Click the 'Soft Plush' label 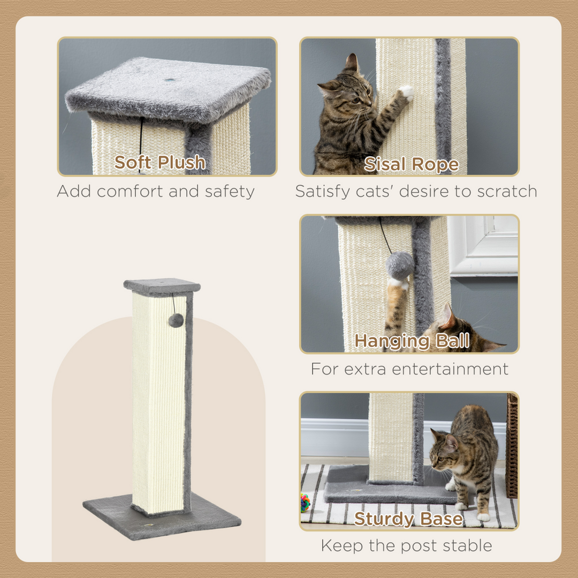coord(159,162)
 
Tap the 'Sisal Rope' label coord(411,164)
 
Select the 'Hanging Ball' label coord(412,341)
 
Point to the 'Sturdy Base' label coord(408,519)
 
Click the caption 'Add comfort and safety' coord(156,191)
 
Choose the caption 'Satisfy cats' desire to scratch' coord(416,191)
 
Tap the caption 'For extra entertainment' coord(409,369)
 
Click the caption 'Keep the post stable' coord(406,545)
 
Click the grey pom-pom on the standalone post coord(176,321)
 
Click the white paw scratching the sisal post coord(407,93)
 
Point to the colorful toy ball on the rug coord(305,503)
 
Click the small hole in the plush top coord(171,81)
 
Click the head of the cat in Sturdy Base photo coord(445,450)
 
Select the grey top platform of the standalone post coord(162,286)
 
